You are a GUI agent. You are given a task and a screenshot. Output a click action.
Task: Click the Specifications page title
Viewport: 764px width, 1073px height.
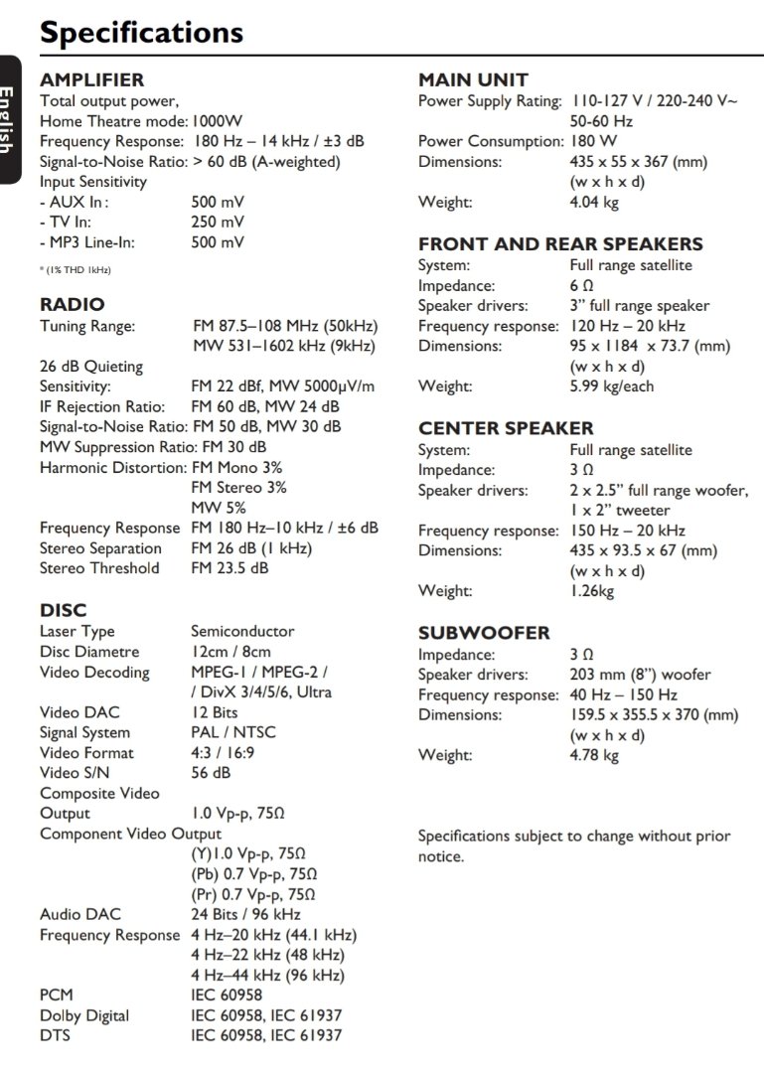point(141,32)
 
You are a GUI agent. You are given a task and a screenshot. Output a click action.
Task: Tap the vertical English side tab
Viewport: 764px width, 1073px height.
point(9,119)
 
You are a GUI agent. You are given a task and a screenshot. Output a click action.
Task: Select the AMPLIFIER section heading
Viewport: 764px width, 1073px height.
point(91,79)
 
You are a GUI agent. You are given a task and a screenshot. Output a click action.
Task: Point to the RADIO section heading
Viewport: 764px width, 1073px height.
point(72,304)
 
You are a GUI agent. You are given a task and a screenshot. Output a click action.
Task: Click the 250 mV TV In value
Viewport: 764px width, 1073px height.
point(217,222)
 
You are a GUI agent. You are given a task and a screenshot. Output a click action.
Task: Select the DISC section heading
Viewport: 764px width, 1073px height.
point(63,610)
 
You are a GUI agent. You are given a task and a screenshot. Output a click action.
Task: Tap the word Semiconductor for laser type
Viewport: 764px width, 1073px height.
point(242,631)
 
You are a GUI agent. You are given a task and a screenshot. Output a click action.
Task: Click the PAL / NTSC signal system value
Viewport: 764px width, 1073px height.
point(233,732)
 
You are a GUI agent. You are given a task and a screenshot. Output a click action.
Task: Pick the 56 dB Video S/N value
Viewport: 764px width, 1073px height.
point(211,772)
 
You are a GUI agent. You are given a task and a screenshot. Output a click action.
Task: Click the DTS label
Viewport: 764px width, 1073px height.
point(55,1035)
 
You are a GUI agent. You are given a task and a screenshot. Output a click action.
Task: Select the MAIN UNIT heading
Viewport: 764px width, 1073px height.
point(473,79)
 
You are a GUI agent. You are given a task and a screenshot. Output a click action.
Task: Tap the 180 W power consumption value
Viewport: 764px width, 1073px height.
point(593,141)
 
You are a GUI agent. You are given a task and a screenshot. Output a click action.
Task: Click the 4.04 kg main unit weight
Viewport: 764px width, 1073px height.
point(594,202)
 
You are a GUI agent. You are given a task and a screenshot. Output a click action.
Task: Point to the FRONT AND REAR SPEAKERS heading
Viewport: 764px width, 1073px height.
point(560,243)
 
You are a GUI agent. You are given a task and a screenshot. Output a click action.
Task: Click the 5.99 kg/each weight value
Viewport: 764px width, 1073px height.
point(611,386)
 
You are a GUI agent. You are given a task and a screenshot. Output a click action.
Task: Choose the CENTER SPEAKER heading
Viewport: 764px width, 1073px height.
point(506,428)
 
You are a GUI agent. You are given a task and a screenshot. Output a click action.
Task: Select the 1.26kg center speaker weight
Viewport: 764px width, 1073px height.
point(592,591)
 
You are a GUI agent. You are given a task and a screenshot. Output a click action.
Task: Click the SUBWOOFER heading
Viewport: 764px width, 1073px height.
point(484,633)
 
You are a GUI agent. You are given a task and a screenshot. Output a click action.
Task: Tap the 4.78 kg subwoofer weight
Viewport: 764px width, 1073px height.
point(594,755)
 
